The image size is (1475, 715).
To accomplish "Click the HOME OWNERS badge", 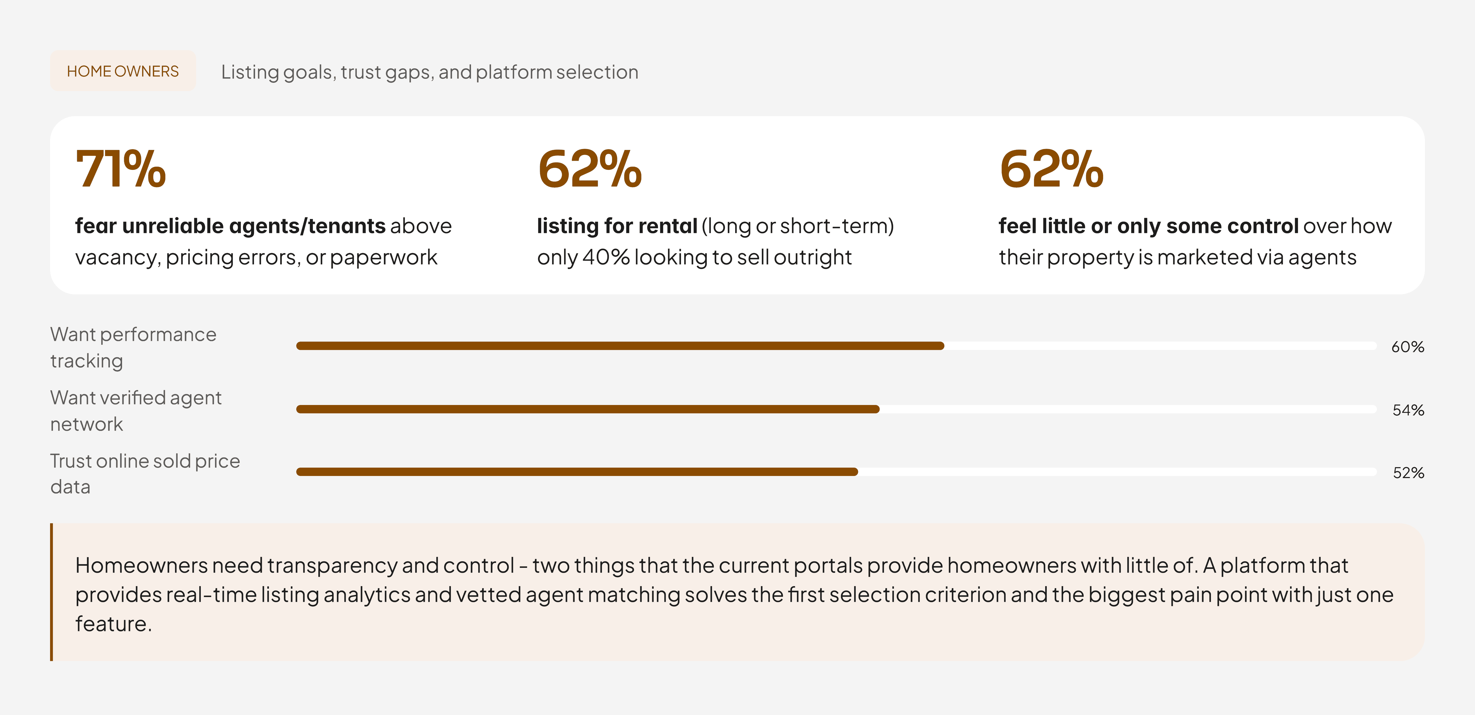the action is click(123, 71).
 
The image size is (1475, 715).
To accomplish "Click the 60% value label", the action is click(1407, 347).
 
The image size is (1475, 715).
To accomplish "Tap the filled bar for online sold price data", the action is click(577, 472).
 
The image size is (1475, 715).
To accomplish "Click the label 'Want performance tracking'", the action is click(134, 347).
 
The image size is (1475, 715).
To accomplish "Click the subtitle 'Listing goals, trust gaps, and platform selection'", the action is click(430, 72).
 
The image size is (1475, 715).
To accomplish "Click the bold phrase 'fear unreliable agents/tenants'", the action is click(230, 226).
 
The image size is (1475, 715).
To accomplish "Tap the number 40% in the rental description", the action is click(606, 257).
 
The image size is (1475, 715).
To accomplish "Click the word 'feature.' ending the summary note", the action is click(113, 624).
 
